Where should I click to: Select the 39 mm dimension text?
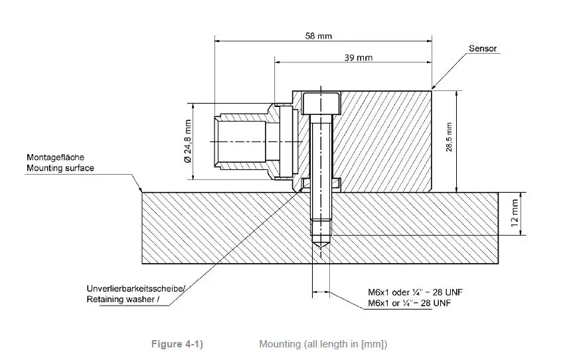[x=359, y=58]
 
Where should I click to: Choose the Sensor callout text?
[x=483, y=48]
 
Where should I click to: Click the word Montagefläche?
[x=54, y=158]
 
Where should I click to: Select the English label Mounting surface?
[x=60, y=168]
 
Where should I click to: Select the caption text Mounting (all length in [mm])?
[x=323, y=343]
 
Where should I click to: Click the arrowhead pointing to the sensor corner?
[x=434, y=88]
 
